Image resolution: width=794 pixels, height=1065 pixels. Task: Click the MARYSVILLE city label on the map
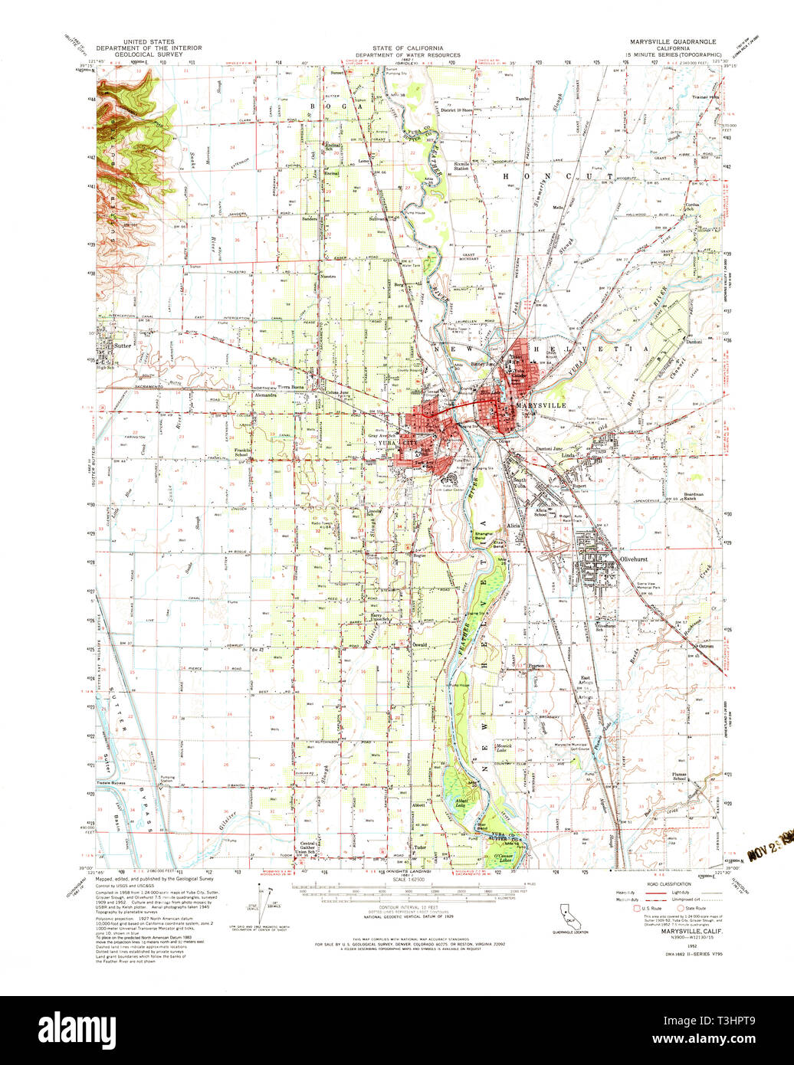click(541, 405)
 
